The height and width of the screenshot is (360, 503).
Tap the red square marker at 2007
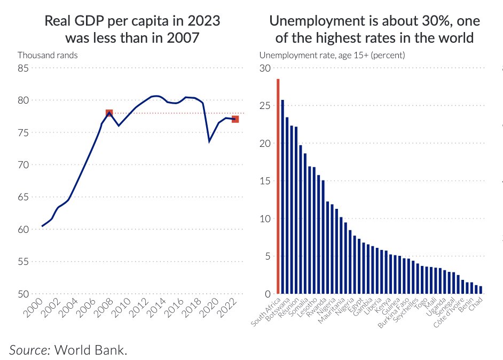[109, 113]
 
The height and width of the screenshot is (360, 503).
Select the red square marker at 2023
[235, 119]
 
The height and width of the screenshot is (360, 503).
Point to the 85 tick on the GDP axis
[22, 68]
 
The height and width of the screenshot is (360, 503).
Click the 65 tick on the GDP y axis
[22, 197]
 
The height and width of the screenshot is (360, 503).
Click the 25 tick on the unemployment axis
[265, 106]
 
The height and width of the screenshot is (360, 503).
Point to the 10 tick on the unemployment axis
[265, 218]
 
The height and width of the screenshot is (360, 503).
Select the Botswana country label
[279, 310]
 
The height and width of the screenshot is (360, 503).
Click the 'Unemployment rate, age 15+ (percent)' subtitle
[332, 55]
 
